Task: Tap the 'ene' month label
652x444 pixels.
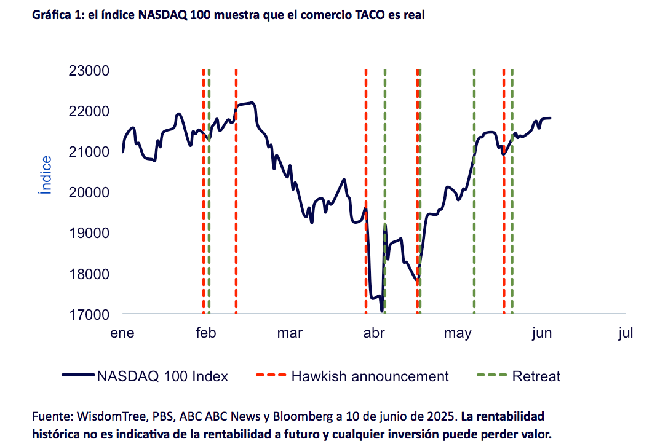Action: [x=122, y=333]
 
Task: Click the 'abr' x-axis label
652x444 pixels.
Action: [x=374, y=333]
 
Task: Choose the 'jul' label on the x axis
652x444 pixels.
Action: [x=626, y=333]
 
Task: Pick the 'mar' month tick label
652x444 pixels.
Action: [x=290, y=333]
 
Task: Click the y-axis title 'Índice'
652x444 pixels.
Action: [x=45, y=175]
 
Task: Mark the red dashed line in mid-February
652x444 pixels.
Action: [x=236, y=191]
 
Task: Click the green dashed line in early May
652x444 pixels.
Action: [x=474, y=191]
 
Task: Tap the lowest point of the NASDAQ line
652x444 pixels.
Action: [x=382, y=311]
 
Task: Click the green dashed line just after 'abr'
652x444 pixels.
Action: [x=385, y=191]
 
